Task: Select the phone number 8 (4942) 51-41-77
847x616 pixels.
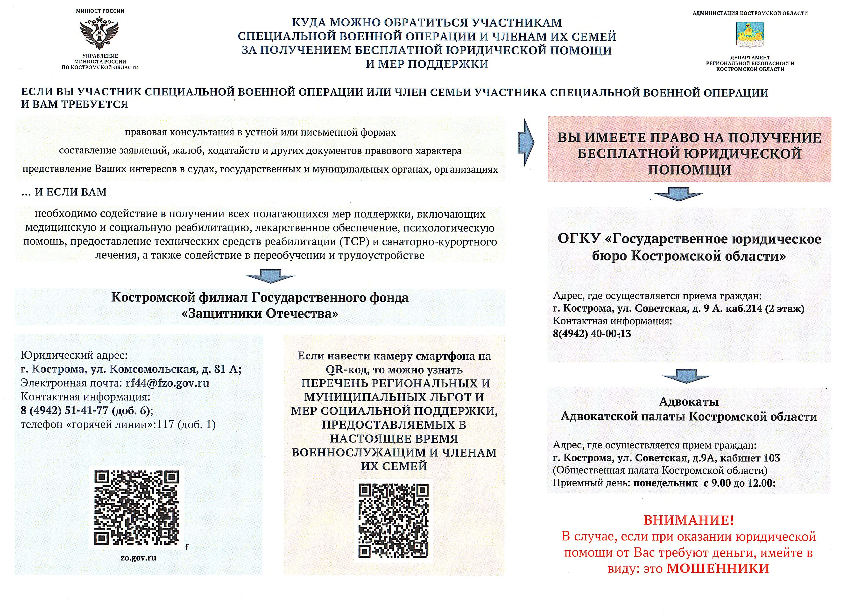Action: [x=64, y=411]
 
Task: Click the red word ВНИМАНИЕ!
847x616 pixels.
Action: [x=689, y=520]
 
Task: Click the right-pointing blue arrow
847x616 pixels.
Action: [x=525, y=142]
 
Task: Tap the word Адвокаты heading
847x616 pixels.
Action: [x=689, y=402]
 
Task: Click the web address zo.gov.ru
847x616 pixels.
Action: [x=138, y=558]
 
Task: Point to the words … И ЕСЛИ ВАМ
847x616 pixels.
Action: [x=64, y=192]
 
